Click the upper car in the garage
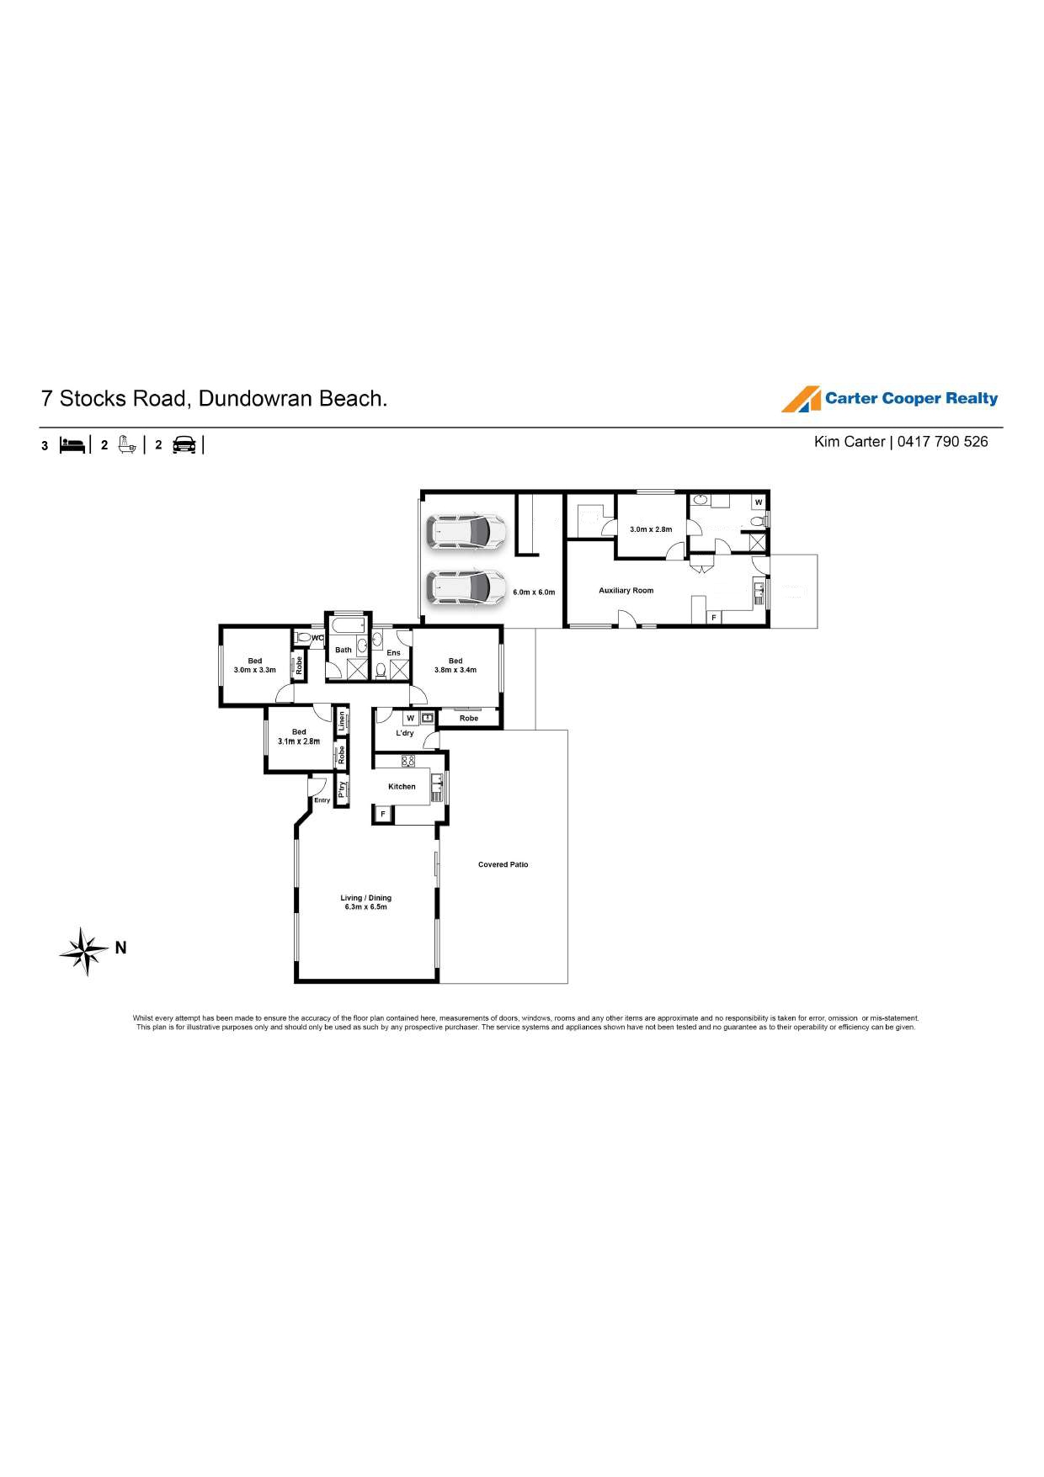coord(466,532)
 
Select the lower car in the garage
coord(466,588)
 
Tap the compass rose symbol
coord(84,951)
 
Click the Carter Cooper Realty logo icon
coord(801,399)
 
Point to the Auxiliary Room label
coord(626,591)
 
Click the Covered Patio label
coord(503,864)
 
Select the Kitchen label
coord(402,787)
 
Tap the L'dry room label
coord(405,733)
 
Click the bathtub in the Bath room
coord(347,625)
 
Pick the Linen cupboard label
coord(342,720)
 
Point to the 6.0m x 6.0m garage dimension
coord(534,592)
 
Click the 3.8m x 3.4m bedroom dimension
coord(455,670)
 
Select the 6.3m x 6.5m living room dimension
coord(366,907)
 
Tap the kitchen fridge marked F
coord(383,814)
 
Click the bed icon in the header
coord(72,445)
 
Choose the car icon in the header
coord(184,445)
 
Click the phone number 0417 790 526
coord(943,442)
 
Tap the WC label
coord(317,638)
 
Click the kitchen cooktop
coord(408,762)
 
